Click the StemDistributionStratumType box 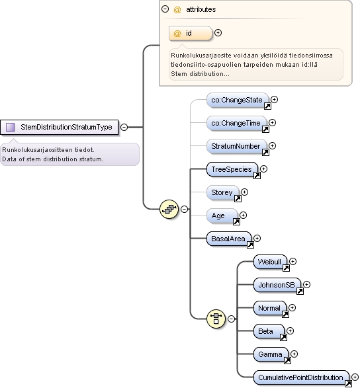[59, 127]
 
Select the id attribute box [191, 33]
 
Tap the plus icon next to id [218, 32]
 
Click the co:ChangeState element [238, 100]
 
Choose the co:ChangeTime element [237, 123]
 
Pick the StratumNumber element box [237, 146]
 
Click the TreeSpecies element [232, 169]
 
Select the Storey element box [223, 192]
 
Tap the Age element [222, 215]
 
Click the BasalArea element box [229, 239]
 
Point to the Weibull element [270, 262]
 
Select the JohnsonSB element [277, 285]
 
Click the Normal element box [270, 308]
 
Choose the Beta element [269, 331]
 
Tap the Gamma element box [271, 354]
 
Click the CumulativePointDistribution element [301, 377]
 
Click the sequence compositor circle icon [169, 210]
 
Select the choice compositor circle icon [216, 319]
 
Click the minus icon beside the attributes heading [165, 9]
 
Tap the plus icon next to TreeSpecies [263, 169]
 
